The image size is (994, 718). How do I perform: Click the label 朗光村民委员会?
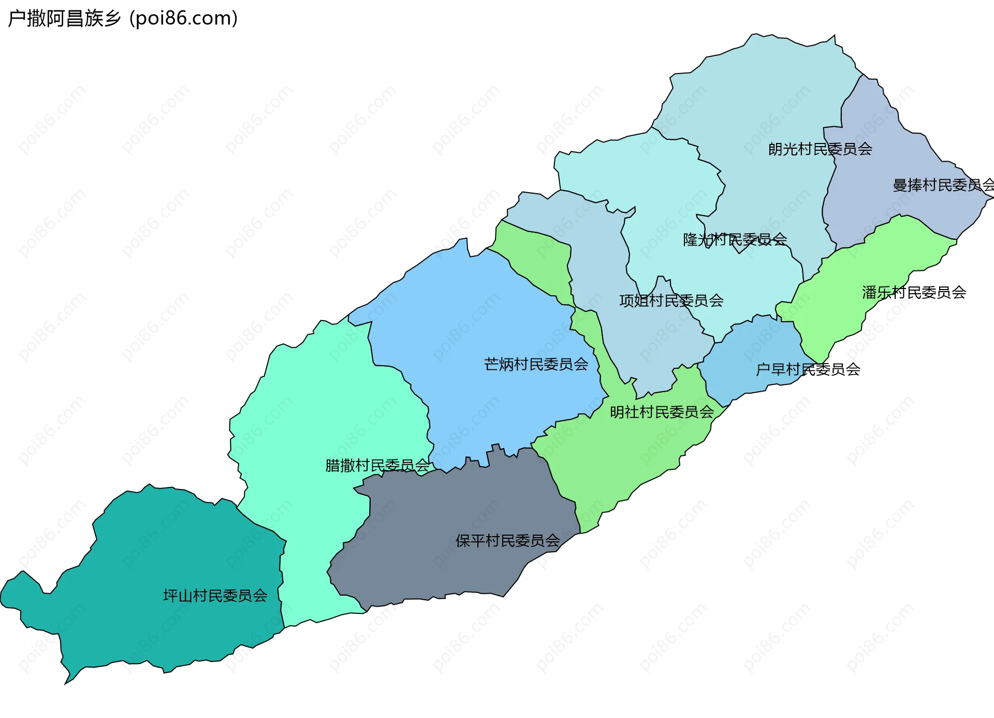pyautogui.click(x=820, y=149)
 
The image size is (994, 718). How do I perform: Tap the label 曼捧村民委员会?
pyautogui.click(x=942, y=185)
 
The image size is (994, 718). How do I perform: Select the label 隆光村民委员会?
pyautogui.click(x=735, y=239)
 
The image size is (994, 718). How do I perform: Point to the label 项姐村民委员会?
pyautogui.click(x=671, y=300)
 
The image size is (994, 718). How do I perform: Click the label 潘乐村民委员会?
pyautogui.click(x=914, y=293)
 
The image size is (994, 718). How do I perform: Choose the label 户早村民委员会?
pyautogui.click(x=808, y=369)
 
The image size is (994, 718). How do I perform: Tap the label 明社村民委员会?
pyautogui.click(x=662, y=412)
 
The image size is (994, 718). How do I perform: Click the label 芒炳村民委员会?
pyautogui.click(x=536, y=364)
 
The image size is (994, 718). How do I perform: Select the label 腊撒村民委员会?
pyautogui.click(x=377, y=466)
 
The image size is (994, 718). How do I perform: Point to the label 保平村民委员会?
pyautogui.click(x=507, y=541)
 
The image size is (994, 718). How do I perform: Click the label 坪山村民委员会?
pyautogui.click(x=215, y=596)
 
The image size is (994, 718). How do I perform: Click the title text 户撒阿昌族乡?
pyautogui.click(x=64, y=18)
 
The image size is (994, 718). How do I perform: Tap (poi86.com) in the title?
pyautogui.click(x=184, y=18)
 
